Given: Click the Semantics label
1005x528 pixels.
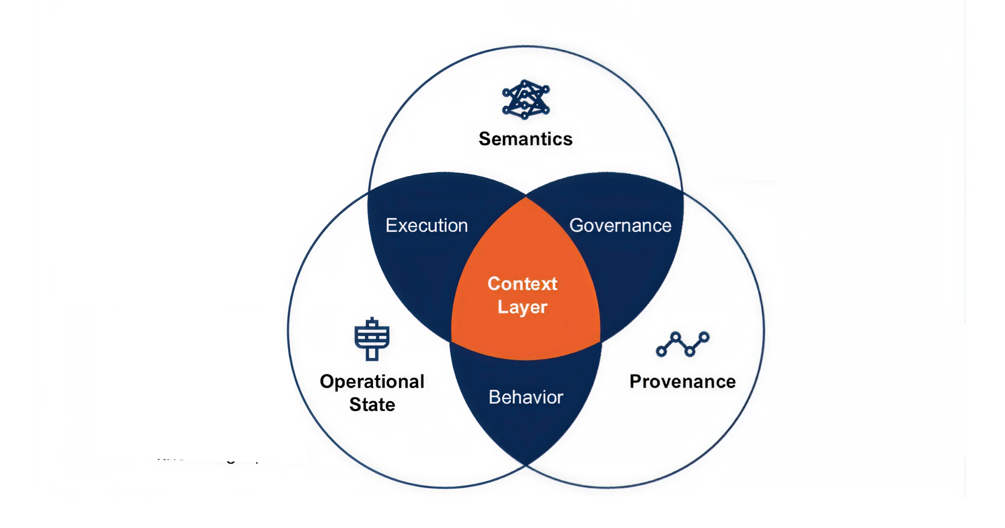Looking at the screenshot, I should tap(526, 139).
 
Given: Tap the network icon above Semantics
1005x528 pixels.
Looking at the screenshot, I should tap(526, 100).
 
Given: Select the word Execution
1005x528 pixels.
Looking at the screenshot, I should tap(426, 225).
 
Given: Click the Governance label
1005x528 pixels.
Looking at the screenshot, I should tap(620, 225).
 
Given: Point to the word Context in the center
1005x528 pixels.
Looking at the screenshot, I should tap(522, 284).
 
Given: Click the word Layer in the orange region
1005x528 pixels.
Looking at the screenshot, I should tap(522, 307).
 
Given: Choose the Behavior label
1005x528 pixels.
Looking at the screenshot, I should tap(526, 397).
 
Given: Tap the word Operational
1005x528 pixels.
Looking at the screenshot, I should tap(372, 382).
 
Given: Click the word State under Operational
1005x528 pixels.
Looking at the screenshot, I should tap(372, 405).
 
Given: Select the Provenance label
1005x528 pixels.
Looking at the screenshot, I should tap(683, 382).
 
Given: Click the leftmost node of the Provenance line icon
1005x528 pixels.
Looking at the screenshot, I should tap(661, 351).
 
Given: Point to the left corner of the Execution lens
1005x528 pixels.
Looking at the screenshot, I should tap(369, 192).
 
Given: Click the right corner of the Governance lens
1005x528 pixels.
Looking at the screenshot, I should tap(683, 192).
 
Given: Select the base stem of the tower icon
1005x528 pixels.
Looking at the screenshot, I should tap(372, 354).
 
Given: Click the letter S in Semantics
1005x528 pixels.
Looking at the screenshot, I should tap(484, 139).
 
